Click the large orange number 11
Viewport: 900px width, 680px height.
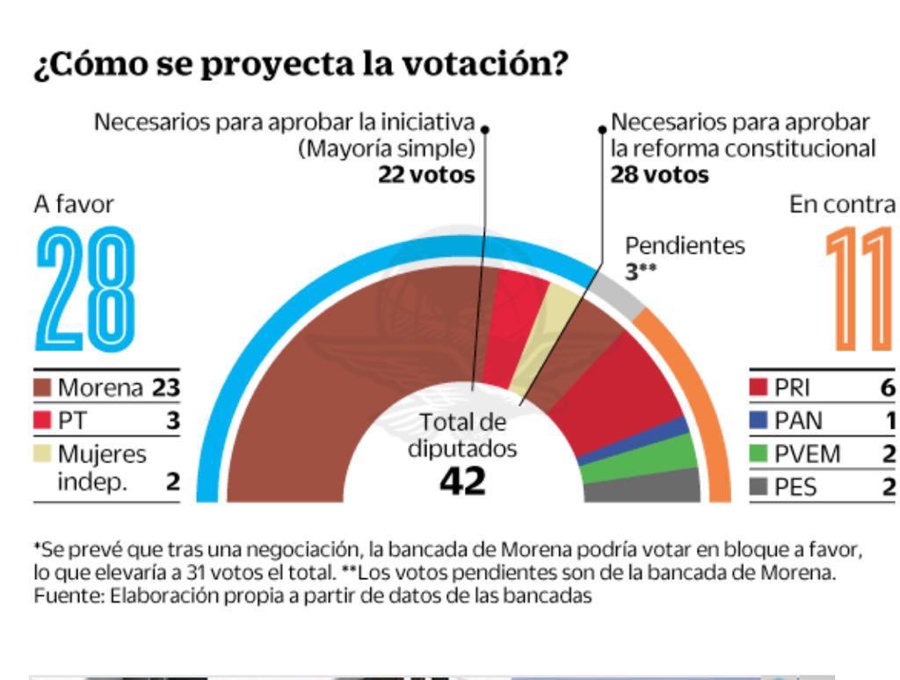860,289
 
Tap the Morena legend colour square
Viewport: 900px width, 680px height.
44,387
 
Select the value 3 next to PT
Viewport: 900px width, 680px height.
173,421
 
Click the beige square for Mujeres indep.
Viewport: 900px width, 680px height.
44,454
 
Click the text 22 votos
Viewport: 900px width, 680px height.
426,174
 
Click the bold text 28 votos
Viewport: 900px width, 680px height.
659,174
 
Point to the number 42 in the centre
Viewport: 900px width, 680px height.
462,481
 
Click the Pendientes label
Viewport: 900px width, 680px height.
685,245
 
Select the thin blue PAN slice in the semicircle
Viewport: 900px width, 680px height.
633,444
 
